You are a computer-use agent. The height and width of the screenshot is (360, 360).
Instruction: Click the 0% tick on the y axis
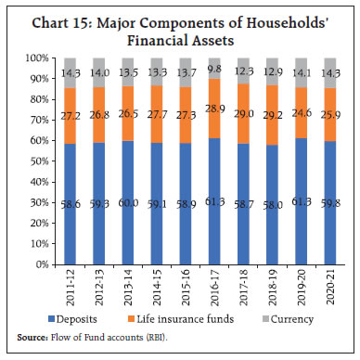[40, 264]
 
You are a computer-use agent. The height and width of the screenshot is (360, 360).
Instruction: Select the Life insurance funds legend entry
[203, 320]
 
